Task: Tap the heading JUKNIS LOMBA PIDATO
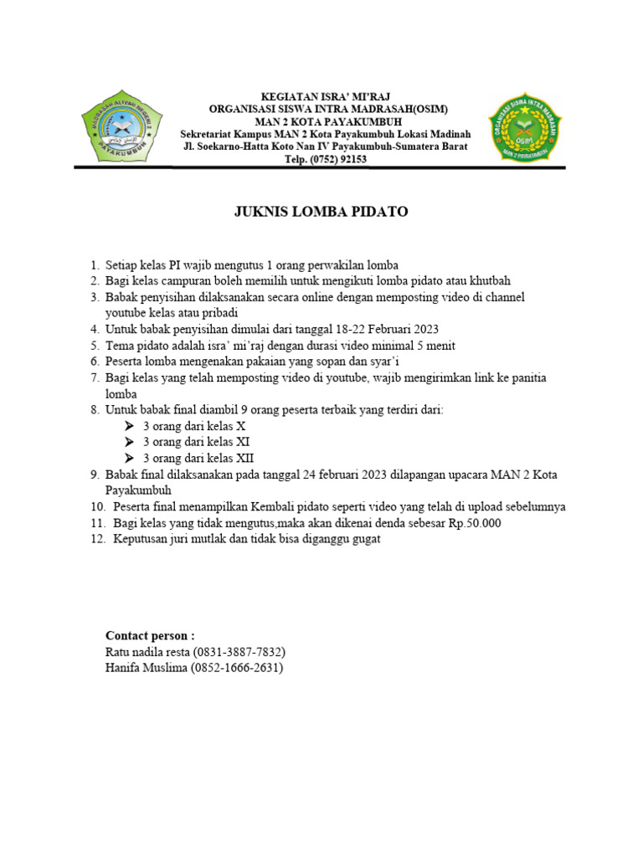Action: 321,212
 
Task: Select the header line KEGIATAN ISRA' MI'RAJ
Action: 326,96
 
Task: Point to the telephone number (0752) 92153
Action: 333,159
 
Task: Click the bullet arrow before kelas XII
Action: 130,459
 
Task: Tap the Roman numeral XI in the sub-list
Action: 243,442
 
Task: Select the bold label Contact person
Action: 150,635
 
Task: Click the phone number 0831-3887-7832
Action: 244,651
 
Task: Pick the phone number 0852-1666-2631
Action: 239,668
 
